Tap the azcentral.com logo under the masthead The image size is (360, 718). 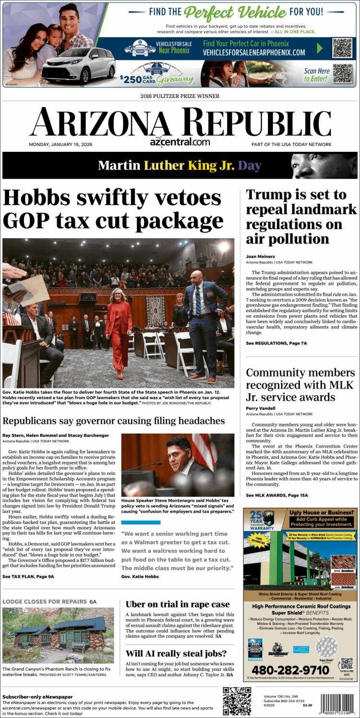pyautogui.click(x=180, y=142)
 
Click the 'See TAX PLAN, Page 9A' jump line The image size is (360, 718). pyautogui.click(x=28, y=576)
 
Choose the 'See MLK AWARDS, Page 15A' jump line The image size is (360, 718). pyautogui.click(x=277, y=495)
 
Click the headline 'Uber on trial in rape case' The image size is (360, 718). pyautogui.click(x=178, y=604)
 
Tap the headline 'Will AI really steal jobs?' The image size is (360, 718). pyautogui.click(x=176, y=653)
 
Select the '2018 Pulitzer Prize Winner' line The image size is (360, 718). pyautogui.click(x=180, y=96)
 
